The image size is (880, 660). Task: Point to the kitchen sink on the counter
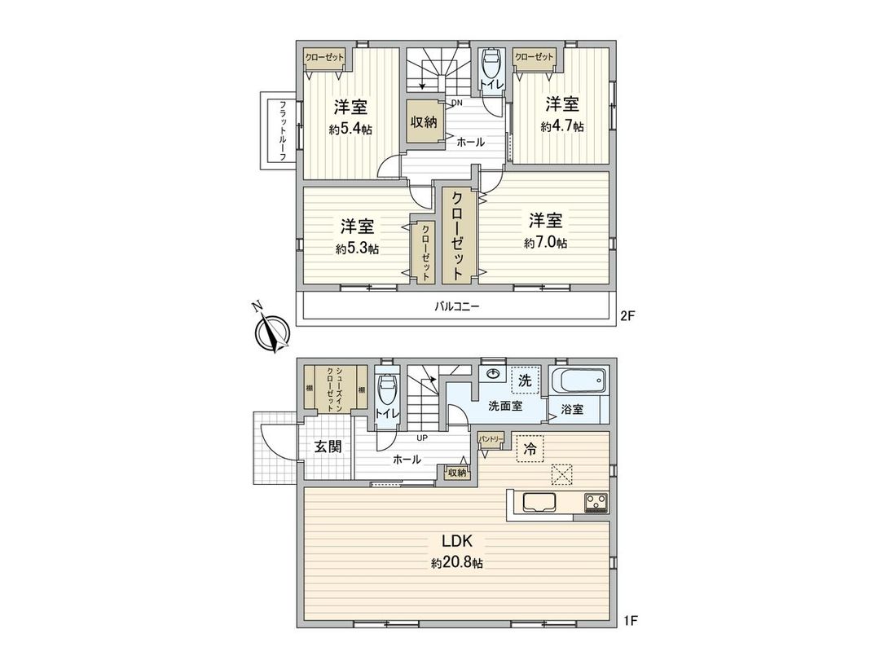[539, 503]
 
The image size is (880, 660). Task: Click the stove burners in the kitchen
[596, 502]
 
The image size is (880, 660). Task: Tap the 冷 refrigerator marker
[530, 449]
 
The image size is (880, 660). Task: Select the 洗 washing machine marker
[526, 380]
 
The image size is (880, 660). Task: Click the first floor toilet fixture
[387, 391]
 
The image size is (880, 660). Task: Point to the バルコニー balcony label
[456, 307]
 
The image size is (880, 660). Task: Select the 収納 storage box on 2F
[423, 122]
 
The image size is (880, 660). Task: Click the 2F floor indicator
[626, 319]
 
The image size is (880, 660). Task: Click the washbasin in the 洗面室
[493, 375]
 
